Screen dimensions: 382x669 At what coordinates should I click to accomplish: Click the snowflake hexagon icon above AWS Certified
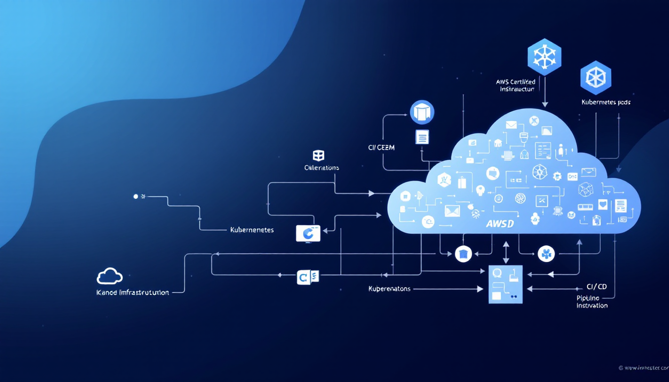[544, 57]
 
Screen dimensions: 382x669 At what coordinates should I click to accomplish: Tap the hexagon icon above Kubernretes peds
[596, 78]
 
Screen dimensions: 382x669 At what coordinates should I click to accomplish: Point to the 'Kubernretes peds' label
[606, 102]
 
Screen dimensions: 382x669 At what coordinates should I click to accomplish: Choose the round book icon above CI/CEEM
[422, 112]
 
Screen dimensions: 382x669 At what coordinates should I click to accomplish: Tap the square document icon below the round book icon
[422, 137]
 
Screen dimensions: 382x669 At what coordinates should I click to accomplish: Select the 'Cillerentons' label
[322, 168]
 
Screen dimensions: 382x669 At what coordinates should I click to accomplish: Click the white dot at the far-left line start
[136, 196]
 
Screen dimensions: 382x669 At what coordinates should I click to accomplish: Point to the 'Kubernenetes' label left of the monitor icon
[252, 230]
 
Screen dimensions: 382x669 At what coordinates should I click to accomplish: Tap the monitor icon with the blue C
[308, 233]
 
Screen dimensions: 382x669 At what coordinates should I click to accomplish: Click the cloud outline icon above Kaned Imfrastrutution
[110, 276]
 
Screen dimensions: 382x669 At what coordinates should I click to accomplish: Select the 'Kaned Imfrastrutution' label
[132, 292]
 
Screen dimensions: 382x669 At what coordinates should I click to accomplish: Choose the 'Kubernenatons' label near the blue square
[389, 288]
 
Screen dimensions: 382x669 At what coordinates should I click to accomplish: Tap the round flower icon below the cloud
[546, 254]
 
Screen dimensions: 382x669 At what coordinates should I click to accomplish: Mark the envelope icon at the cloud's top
[511, 125]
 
